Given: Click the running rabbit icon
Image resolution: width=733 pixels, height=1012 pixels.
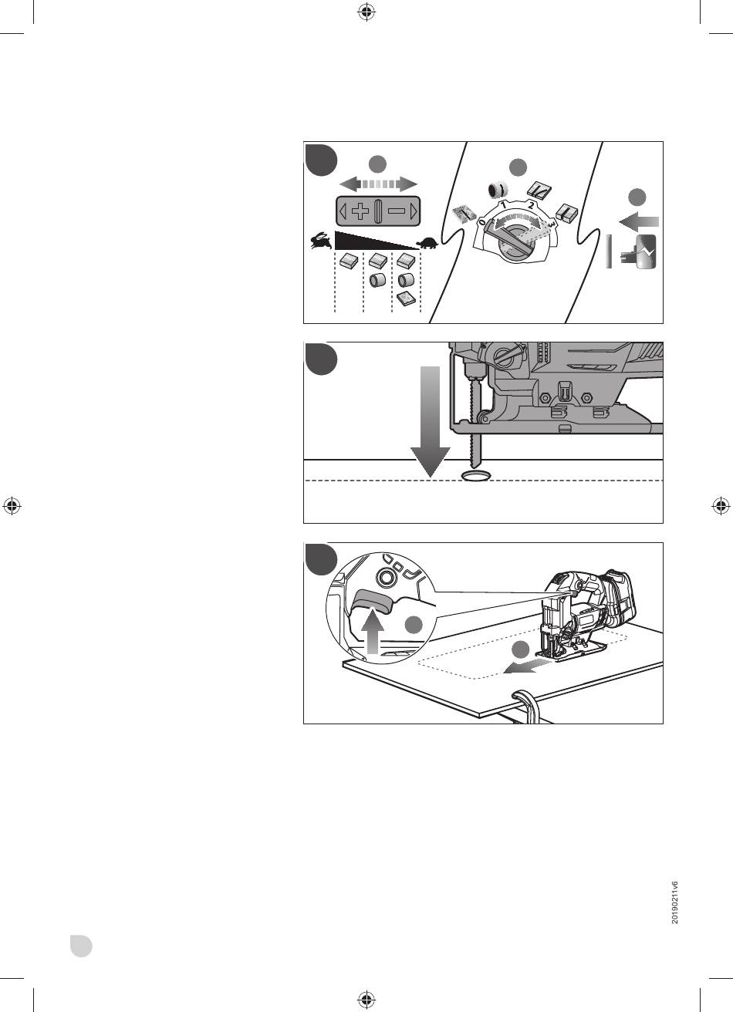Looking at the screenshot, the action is [x=321, y=241].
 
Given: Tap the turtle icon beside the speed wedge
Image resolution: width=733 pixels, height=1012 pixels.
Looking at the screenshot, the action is [x=429, y=244].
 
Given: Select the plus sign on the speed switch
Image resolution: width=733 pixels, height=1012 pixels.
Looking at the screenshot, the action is [x=360, y=211].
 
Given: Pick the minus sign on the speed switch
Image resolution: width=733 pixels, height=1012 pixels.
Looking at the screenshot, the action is [x=397, y=211].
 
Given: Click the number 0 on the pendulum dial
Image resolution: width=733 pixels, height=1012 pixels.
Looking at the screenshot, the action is [x=482, y=222].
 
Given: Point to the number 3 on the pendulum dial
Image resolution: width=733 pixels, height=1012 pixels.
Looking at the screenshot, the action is [x=552, y=224].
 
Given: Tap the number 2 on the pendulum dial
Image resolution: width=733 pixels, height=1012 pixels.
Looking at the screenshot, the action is [x=532, y=206].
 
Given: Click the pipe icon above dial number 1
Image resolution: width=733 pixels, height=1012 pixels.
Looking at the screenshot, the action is [x=497, y=191].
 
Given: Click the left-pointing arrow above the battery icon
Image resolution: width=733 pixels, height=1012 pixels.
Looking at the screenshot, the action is [x=639, y=222].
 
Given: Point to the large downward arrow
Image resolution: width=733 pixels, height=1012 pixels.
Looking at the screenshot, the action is [x=431, y=421].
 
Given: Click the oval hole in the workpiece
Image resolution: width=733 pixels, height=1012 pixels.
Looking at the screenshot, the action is [x=476, y=476].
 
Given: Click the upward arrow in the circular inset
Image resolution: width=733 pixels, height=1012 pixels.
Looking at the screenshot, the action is [x=373, y=630].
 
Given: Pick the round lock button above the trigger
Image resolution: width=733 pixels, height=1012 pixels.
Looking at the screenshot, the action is [x=385, y=578].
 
